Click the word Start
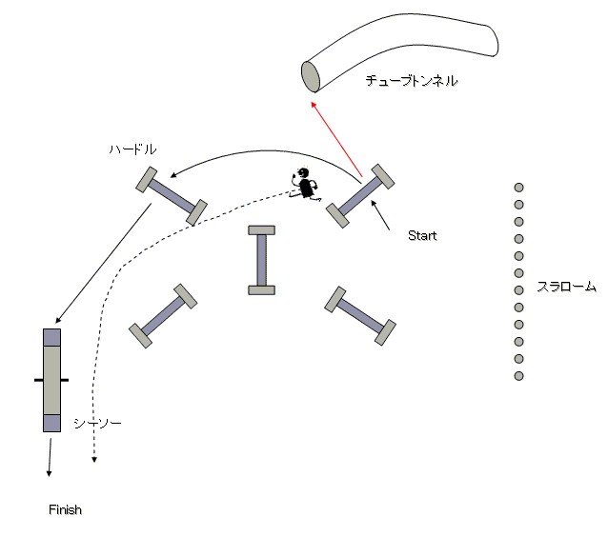pos(421,235)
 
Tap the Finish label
pos(66,510)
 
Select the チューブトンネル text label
pos(412,82)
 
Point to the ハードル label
pos(132,149)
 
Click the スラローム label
pos(565,286)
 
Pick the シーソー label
pos(98,424)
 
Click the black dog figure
pos(306,184)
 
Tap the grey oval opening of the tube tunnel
pos(311,75)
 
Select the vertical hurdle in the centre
pos(261,260)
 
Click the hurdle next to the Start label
pos(361,196)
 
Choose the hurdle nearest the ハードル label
pos(172,196)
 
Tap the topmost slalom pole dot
pos(519,188)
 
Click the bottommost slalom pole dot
pos(519,376)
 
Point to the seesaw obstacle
pos(51,380)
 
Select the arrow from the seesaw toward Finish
pos(49,456)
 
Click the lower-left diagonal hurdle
pos(163,312)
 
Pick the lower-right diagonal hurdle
pos(360,312)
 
